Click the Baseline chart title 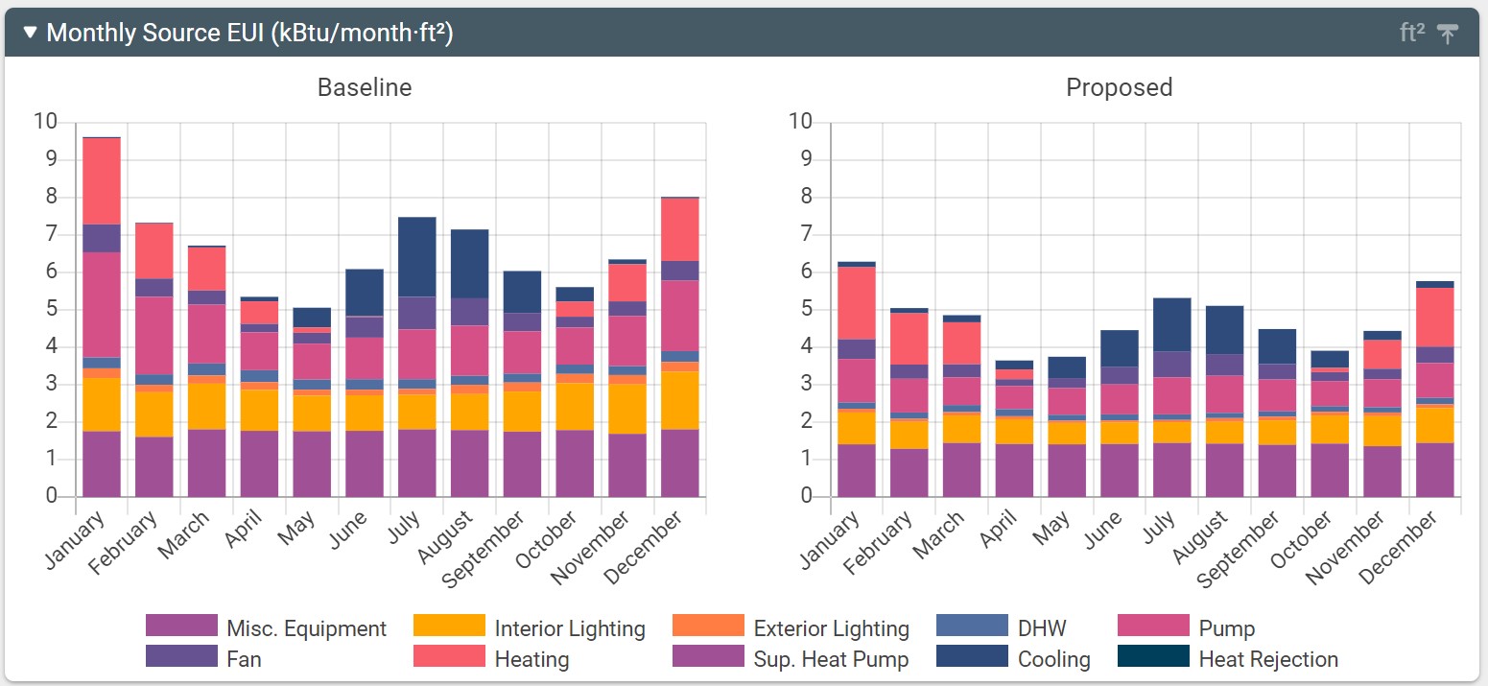[365, 88]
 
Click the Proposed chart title [1119, 88]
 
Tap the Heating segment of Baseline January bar [102, 181]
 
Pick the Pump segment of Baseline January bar [102, 304]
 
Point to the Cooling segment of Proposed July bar [1171, 324]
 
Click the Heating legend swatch [449, 657]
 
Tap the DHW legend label [1042, 628]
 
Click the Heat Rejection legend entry [1268, 659]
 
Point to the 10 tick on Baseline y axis [46, 122]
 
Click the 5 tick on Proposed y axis [807, 309]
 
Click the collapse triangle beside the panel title [30, 33]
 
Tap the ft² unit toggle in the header [1412, 33]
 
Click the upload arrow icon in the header [1448, 33]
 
